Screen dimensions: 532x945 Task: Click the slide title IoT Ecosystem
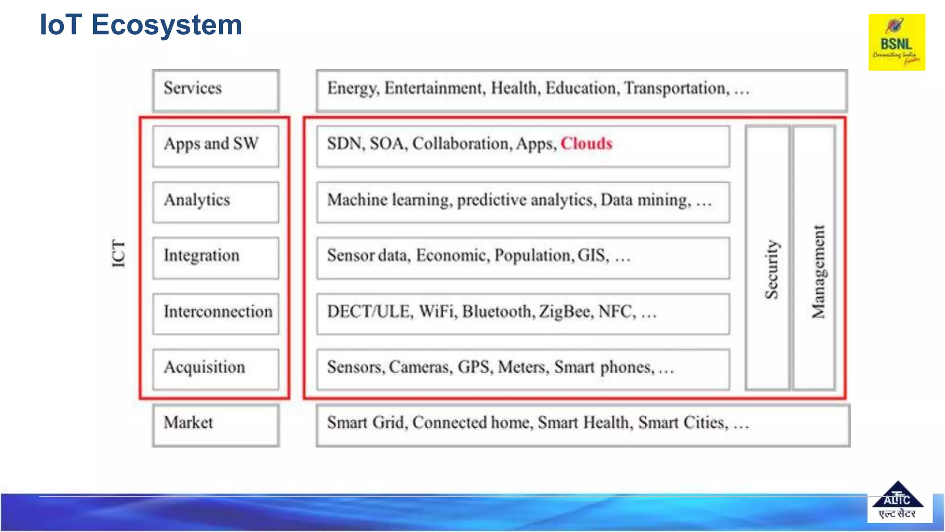pos(141,25)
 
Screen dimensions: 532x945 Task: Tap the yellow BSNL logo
pos(897,42)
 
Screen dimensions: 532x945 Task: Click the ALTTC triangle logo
pos(897,501)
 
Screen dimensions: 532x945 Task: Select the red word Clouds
pos(586,144)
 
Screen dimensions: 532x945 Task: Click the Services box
pos(216,90)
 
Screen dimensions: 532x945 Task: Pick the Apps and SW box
pos(216,146)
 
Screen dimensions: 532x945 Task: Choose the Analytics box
pos(216,202)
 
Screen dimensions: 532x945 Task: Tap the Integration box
pos(216,258)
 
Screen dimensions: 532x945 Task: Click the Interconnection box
pos(216,314)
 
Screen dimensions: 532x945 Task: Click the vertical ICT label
pos(119,254)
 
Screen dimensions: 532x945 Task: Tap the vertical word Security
pos(771,269)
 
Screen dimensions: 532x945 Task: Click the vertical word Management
pos(818,272)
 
